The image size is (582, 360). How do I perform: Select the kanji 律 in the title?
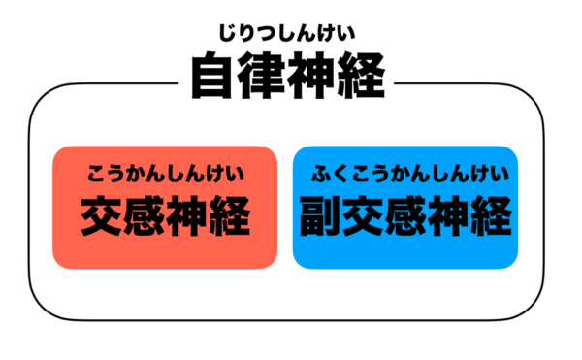[x=263, y=76]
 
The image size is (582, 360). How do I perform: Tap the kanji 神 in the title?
[x=313, y=76]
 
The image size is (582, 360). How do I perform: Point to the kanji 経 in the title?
[x=364, y=76]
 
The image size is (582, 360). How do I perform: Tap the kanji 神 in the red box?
[x=188, y=216]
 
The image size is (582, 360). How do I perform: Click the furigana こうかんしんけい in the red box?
[x=165, y=175]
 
